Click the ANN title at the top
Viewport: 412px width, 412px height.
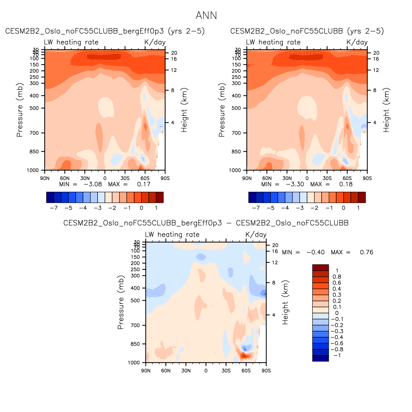206,16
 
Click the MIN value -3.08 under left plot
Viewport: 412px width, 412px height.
93,184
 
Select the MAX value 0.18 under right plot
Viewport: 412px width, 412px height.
346,184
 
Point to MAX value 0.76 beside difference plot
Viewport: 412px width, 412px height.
366,252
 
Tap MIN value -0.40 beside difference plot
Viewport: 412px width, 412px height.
316,252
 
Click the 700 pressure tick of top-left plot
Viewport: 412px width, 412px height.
34,133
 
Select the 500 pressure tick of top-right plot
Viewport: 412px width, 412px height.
236,108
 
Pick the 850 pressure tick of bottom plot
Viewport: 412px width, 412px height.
135,344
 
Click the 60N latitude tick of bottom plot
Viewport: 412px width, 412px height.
166,371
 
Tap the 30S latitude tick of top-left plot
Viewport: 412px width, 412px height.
125,178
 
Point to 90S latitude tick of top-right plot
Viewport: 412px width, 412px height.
367,178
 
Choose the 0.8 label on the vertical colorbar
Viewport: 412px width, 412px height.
337,277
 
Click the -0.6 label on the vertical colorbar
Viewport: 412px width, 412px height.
337,343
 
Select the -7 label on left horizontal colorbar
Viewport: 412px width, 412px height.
54,208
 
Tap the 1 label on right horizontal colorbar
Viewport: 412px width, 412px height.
358,208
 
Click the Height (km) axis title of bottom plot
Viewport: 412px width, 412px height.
285,302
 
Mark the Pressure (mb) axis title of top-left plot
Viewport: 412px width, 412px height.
20,110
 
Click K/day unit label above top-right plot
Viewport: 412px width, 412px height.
357,42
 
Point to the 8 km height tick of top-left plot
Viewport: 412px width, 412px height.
173,90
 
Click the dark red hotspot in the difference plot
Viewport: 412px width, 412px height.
244,355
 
